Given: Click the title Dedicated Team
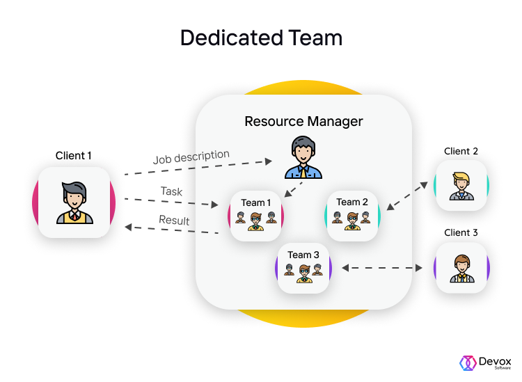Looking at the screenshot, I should [x=261, y=38].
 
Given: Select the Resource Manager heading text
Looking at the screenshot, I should [x=303, y=121].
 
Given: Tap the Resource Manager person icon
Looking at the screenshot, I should [x=303, y=158].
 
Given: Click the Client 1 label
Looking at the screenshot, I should [x=74, y=156].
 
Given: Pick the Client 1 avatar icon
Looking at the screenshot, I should [x=74, y=202].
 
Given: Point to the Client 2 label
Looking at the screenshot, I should [x=461, y=151].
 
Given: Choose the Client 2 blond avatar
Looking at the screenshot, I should [x=461, y=186].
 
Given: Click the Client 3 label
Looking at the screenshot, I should [x=461, y=232].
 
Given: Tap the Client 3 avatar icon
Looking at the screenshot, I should [x=461, y=268].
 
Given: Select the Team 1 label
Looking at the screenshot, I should [x=256, y=202].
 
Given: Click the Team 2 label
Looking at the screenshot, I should [x=351, y=202].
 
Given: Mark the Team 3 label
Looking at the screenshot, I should [x=303, y=255].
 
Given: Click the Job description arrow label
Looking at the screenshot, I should [x=191, y=157].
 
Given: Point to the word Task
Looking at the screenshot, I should [x=171, y=191].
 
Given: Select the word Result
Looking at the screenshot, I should [x=174, y=221].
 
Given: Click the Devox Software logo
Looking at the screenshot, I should [x=485, y=363].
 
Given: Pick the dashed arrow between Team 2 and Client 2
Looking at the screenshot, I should [x=406, y=196].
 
